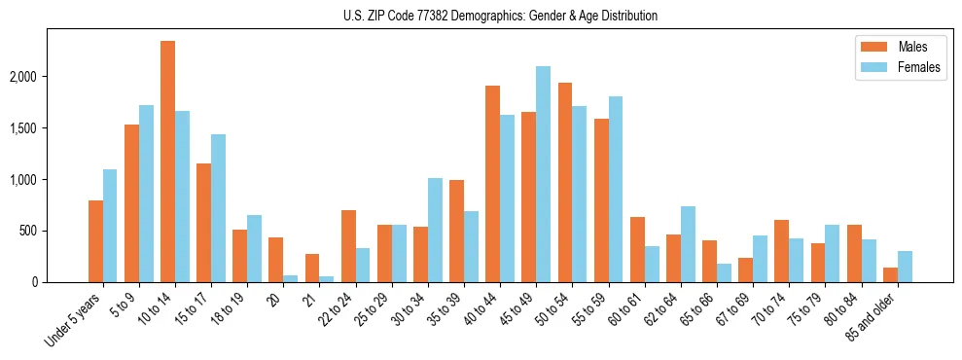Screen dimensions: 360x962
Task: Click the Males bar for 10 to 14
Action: click(168, 162)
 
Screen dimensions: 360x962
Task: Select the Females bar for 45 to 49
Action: click(543, 174)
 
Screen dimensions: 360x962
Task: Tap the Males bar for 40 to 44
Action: click(492, 184)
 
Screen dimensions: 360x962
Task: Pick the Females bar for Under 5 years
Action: click(110, 226)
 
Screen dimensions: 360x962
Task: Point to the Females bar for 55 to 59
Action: click(615, 190)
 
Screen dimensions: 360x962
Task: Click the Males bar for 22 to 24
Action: click(348, 246)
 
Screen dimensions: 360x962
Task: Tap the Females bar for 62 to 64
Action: click(687, 244)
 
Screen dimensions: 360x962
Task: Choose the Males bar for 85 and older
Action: click(890, 274)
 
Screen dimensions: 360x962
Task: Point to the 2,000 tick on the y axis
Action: click(42, 77)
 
